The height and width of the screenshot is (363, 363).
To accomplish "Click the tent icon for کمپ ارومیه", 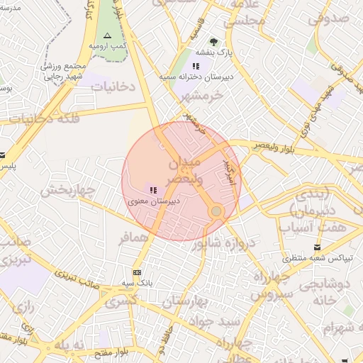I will [x=107, y=35].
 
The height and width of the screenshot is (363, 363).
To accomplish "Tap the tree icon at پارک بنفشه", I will [x=213, y=41].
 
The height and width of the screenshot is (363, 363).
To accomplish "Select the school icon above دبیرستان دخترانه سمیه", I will [x=196, y=66].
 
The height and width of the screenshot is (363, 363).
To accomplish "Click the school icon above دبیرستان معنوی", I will [x=153, y=189].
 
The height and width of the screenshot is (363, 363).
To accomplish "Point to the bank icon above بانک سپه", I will [x=137, y=272].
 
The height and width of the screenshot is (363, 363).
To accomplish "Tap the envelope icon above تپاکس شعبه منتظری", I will [x=317, y=247].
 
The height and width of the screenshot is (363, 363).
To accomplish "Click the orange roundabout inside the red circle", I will [x=216, y=211].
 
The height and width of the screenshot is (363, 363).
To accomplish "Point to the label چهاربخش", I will [x=67, y=190].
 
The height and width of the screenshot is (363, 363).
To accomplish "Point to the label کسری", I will [x=121, y=302].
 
